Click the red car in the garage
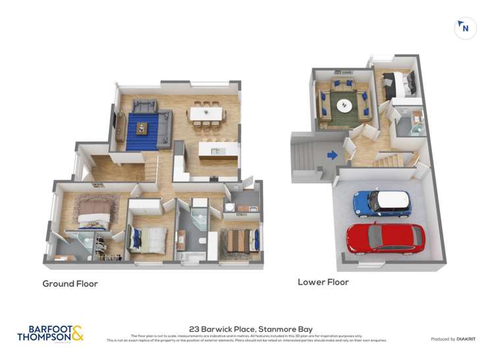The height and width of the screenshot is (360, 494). pyautogui.click(x=386, y=238)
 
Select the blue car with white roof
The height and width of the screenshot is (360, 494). pyautogui.click(x=382, y=203)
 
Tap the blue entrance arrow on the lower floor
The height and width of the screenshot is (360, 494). pyautogui.click(x=332, y=155)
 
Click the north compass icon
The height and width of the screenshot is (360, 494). pyautogui.click(x=465, y=28)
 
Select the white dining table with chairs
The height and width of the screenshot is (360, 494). pyautogui.click(x=207, y=113)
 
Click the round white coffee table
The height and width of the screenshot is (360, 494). pyautogui.click(x=344, y=104)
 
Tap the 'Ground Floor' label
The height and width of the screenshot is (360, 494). pyautogui.click(x=70, y=284)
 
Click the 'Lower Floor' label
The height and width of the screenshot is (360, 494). pyautogui.click(x=323, y=282)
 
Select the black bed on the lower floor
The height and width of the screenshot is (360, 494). pyautogui.click(x=399, y=83)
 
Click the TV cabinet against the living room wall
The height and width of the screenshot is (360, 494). pyautogui.click(x=120, y=126)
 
